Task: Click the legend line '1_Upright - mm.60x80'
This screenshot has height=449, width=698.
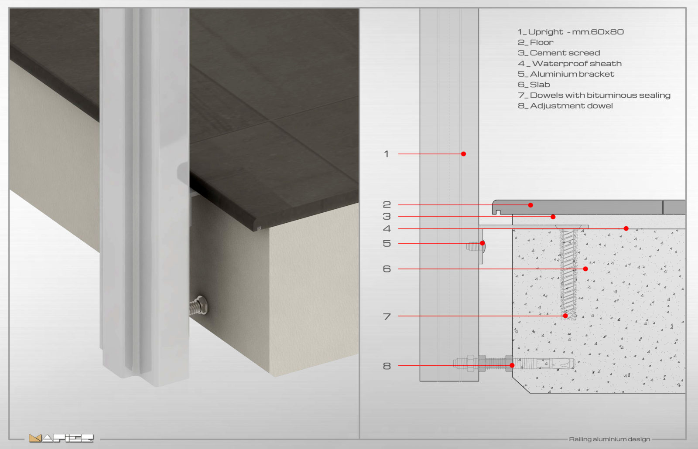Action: (571, 32)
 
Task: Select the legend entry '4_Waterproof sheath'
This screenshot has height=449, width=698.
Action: (570, 64)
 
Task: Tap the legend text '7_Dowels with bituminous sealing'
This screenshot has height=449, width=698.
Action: (594, 95)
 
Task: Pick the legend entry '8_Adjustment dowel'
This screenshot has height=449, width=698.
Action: (565, 106)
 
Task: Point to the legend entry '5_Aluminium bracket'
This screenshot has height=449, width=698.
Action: (566, 74)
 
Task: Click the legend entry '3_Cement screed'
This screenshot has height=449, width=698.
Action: (559, 53)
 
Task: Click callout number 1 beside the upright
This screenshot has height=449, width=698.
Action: (387, 154)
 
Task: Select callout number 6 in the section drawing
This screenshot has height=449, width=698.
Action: (387, 269)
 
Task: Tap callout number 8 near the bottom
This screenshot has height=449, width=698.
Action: (387, 366)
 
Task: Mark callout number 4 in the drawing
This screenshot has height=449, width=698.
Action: (387, 228)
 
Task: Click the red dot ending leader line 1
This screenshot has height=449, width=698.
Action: (463, 154)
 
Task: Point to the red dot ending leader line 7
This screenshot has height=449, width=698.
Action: (565, 316)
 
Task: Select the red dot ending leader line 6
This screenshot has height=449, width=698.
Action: (585, 269)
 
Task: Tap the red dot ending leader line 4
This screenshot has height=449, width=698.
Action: (626, 228)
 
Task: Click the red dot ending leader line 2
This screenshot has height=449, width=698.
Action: (530, 205)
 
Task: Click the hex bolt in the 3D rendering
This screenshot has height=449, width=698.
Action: (198, 306)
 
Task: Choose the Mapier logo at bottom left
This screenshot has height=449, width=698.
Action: (61, 438)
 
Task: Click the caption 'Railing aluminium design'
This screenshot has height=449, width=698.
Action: (609, 439)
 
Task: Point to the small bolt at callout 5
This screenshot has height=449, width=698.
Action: (476, 247)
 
